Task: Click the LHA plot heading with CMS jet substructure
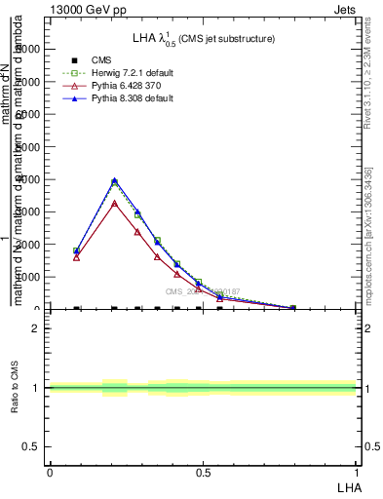[x=203, y=38]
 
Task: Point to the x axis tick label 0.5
[x=203, y=472]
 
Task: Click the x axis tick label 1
[x=357, y=472]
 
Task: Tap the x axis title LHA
[x=348, y=486]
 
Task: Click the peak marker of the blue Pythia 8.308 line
[x=115, y=180]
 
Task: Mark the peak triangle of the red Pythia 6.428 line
[x=115, y=203]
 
